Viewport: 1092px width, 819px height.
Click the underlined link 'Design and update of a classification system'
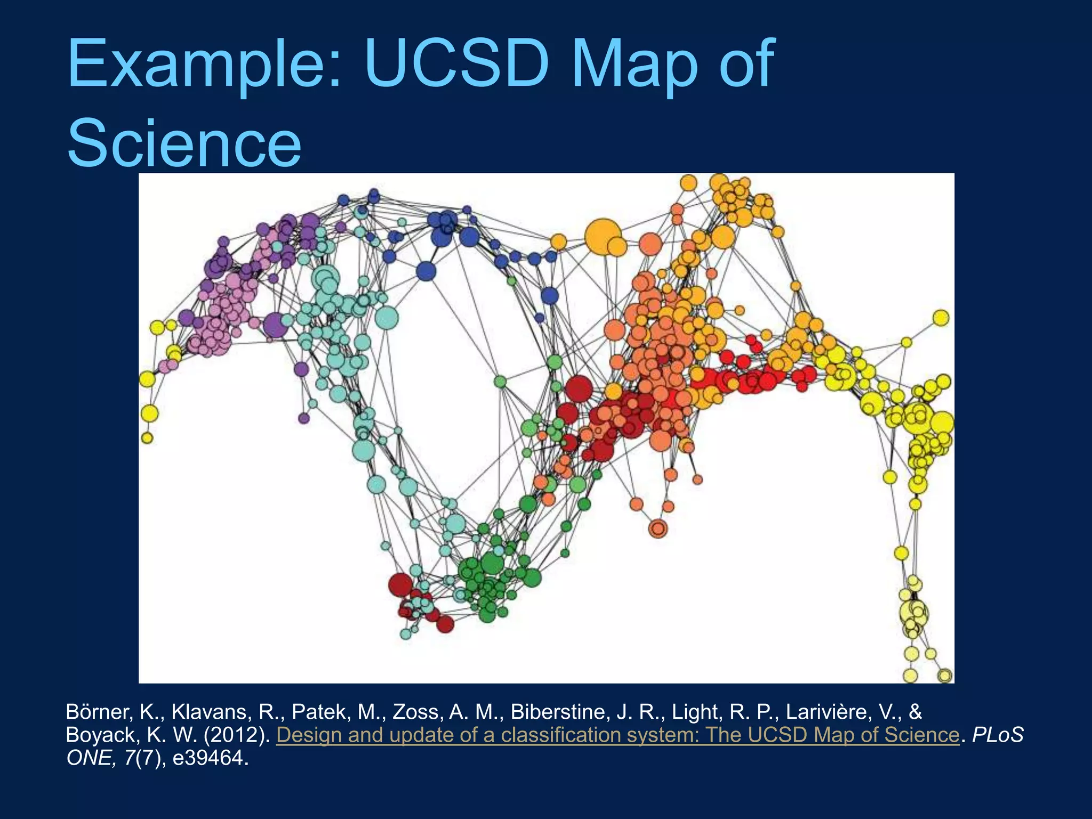[617, 735]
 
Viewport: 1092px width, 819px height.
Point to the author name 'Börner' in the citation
[99, 712]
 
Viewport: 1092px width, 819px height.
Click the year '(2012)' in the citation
[237, 735]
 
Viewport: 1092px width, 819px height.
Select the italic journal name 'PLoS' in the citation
[998, 735]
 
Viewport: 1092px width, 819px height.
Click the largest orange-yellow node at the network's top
[603, 236]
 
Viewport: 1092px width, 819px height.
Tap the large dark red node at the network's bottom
[400, 585]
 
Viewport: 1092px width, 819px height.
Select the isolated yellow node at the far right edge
[941, 318]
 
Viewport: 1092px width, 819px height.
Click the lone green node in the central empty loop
[500, 382]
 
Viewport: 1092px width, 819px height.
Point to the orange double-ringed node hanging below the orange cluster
[658, 528]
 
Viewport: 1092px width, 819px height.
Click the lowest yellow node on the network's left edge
[147, 438]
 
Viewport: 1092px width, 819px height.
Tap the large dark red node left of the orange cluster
[579, 389]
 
